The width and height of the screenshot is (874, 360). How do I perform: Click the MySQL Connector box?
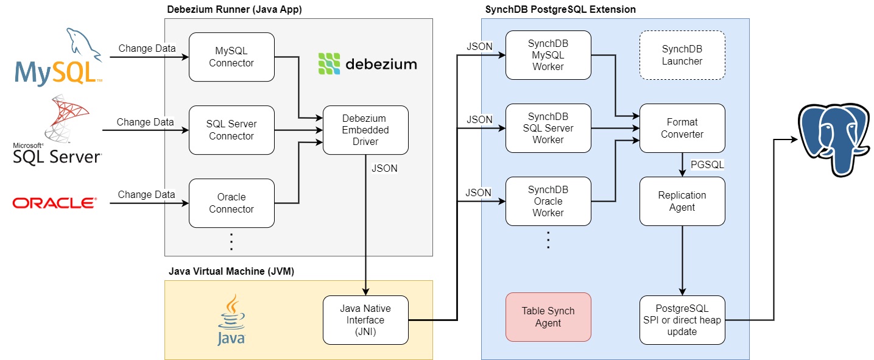[231, 57]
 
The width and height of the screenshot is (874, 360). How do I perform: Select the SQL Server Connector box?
[231, 130]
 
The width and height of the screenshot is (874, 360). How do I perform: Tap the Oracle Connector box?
[231, 203]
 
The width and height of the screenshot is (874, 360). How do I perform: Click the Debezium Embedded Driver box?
[365, 130]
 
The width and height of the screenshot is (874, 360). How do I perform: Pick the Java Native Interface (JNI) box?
[365, 320]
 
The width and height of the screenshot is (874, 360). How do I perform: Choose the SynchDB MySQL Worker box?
[548, 55]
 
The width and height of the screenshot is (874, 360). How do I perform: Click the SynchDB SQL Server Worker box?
[548, 128]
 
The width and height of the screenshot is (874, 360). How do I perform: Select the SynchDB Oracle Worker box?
[548, 201]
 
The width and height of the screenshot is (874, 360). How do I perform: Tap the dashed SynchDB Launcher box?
[682, 55]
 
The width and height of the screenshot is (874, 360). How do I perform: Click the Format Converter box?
[682, 128]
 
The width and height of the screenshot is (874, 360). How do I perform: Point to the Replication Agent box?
[682, 201]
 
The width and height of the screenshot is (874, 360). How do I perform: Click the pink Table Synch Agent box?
[548, 317]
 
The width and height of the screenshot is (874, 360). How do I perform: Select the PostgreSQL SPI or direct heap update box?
[682, 320]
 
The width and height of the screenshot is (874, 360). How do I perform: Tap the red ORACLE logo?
[55, 203]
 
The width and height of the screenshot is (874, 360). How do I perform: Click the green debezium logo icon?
[329, 63]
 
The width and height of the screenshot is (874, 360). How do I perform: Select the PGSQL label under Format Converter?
[706, 164]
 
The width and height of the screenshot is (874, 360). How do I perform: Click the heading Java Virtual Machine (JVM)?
[231, 272]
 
